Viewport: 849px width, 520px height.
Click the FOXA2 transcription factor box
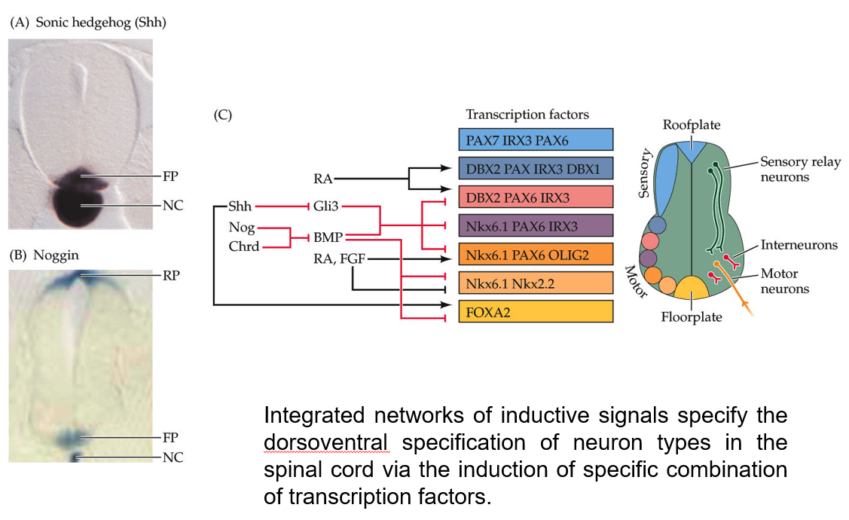pyautogui.click(x=535, y=311)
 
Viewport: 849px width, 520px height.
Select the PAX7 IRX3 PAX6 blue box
pyautogui.click(x=535, y=139)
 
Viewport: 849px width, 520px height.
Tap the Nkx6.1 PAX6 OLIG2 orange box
pyautogui.click(x=535, y=254)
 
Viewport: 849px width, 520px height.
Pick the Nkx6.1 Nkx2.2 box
pyautogui.click(x=535, y=283)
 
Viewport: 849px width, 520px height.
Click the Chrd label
pyautogui.click(x=244, y=246)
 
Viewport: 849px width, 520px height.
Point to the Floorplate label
pyautogui.click(x=691, y=317)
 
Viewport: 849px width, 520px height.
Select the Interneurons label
pyautogui.click(x=799, y=245)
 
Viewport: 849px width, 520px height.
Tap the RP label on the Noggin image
pyautogui.click(x=173, y=276)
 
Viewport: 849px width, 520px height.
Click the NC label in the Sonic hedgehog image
pyautogui.click(x=173, y=204)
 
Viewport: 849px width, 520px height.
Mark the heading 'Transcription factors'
pyautogui.click(x=527, y=115)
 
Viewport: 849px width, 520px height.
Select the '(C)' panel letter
pyautogui.click(x=223, y=115)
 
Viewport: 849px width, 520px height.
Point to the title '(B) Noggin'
pyautogui.click(x=44, y=255)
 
